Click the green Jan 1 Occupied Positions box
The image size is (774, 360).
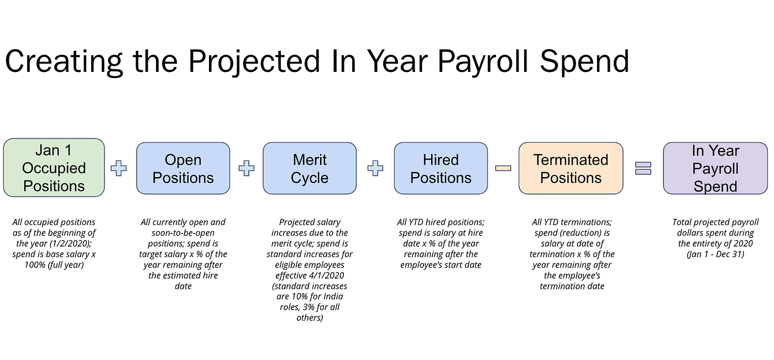pyautogui.click(x=54, y=168)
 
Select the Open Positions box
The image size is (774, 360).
pyautogui.click(x=183, y=168)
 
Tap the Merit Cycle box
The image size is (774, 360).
pyautogui.click(x=310, y=168)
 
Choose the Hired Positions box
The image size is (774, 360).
pyautogui.click(x=441, y=168)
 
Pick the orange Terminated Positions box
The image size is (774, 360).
pyautogui.click(x=571, y=168)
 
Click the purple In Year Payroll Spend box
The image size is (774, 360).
pyautogui.click(x=715, y=168)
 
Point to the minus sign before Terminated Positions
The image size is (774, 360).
pyautogui.click(x=503, y=168)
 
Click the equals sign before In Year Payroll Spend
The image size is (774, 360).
pyautogui.click(x=644, y=168)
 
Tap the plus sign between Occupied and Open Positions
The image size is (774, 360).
pyautogui.click(x=118, y=168)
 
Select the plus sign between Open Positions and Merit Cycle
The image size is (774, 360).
pyautogui.click(x=247, y=168)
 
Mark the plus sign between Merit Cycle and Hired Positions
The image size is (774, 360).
pyautogui.click(x=375, y=168)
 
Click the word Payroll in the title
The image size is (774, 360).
pyautogui.click(x=483, y=62)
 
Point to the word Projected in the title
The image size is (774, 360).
pyautogui.click(x=254, y=62)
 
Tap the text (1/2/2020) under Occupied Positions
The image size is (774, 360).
pyautogui.click(x=71, y=243)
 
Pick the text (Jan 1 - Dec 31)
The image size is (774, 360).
pyautogui.click(x=715, y=254)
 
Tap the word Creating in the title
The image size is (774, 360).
pyautogui.click(x=64, y=62)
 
